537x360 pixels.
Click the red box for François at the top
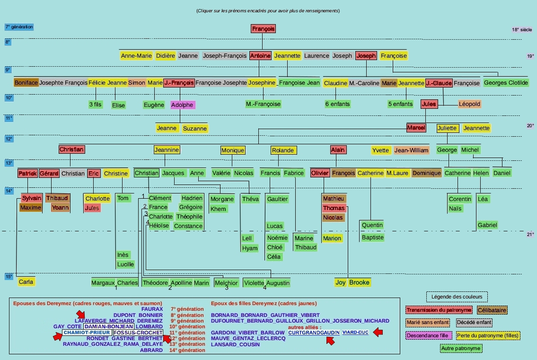tap(263, 29)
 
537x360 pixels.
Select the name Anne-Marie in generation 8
tap(136, 55)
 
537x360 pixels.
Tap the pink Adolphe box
tap(182, 105)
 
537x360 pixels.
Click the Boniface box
tap(26, 83)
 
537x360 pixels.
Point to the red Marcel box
tap(416, 128)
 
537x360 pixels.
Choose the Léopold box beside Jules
tap(469, 104)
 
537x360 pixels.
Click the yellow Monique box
tap(233, 150)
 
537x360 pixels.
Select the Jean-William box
tap(411, 150)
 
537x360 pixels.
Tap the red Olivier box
tap(320, 173)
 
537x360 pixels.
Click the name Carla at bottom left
tap(26, 282)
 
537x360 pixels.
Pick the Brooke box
tap(360, 282)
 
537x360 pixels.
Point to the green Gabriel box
tap(487, 225)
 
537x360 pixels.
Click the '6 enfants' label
tap(337, 104)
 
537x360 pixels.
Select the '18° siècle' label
tap(522, 30)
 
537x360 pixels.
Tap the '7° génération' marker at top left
tap(19, 27)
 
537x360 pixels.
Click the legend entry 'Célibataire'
tap(492, 310)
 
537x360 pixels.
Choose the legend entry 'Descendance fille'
tap(429, 335)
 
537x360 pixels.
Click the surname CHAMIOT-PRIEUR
tap(87, 333)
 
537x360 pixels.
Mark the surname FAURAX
tap(152, 309)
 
